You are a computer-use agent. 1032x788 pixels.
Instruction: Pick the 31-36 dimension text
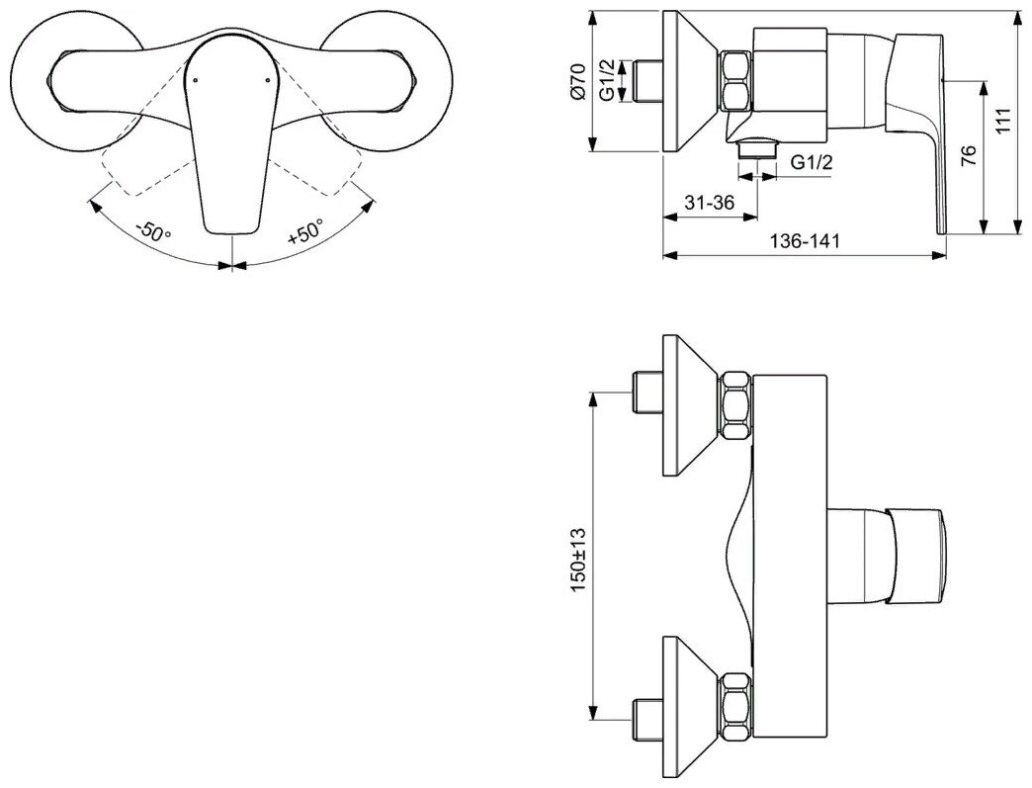pos(710,203)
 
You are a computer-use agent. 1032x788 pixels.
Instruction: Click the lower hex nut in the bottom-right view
pos(736,706)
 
